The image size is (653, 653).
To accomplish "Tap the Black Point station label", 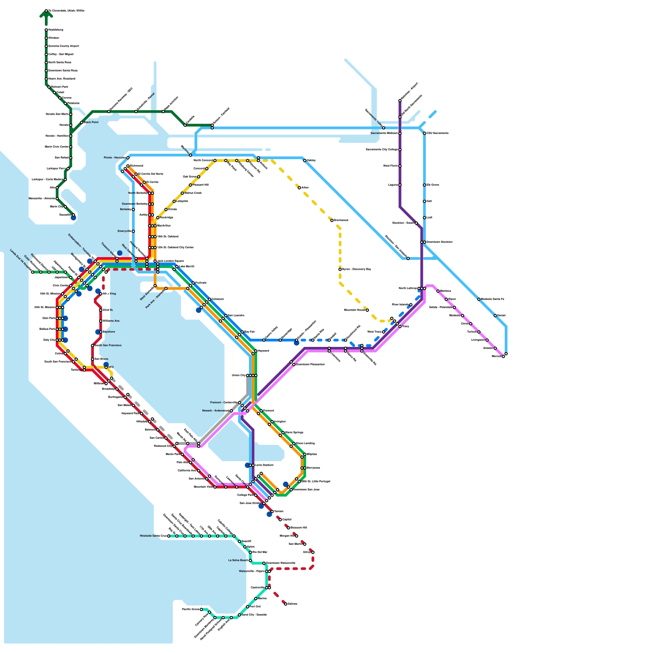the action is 91,122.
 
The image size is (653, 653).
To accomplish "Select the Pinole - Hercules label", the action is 114,158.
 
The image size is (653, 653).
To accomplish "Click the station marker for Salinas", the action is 286,604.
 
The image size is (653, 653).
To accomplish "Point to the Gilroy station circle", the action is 313,552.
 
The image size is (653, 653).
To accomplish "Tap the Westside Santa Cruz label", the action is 153,536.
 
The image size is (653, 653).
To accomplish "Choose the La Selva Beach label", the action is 238,560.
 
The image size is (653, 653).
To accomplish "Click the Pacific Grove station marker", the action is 201,609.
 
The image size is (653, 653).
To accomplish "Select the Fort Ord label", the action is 255,607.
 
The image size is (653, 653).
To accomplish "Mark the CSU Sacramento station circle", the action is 424,133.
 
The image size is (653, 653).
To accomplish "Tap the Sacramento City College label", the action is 382,150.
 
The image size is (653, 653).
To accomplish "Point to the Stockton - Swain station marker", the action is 416,223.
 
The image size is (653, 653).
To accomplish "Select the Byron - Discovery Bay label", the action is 356,269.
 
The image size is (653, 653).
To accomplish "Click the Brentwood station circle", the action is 332,220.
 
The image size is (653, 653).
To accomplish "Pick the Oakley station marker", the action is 304,160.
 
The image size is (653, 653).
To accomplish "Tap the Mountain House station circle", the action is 367,310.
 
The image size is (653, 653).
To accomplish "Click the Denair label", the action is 501,315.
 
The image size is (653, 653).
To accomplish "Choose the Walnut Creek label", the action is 193,193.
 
